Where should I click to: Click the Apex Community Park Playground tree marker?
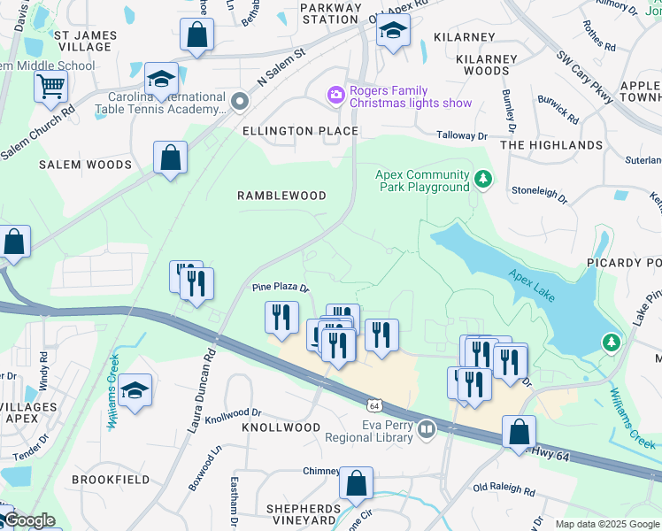click(x=483, y=181)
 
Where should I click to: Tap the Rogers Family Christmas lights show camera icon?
click(x=335, y=94)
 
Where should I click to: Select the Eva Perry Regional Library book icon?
click(x=427, y=429)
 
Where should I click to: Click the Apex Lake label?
click(x=531, y=286)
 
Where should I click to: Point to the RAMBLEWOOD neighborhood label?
click(x=281, y=196)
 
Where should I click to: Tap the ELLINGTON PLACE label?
click(x=301, y=131)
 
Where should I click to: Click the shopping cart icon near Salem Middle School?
click(x=51, y=86)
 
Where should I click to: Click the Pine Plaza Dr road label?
click(x=281, y=288)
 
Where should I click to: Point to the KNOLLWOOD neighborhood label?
click(x=281, y=427)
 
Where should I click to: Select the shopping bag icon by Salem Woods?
click(x=170, y=158)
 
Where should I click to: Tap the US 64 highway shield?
click(x=375, y=405)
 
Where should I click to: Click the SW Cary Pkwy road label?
click(x=585, y=77)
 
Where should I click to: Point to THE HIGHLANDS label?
click(x=551, y=145)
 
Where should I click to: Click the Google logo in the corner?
click(x=28, y=520)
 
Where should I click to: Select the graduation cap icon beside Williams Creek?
click(x=135, y=390)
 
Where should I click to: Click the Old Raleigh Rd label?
click(x=504, y=489)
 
